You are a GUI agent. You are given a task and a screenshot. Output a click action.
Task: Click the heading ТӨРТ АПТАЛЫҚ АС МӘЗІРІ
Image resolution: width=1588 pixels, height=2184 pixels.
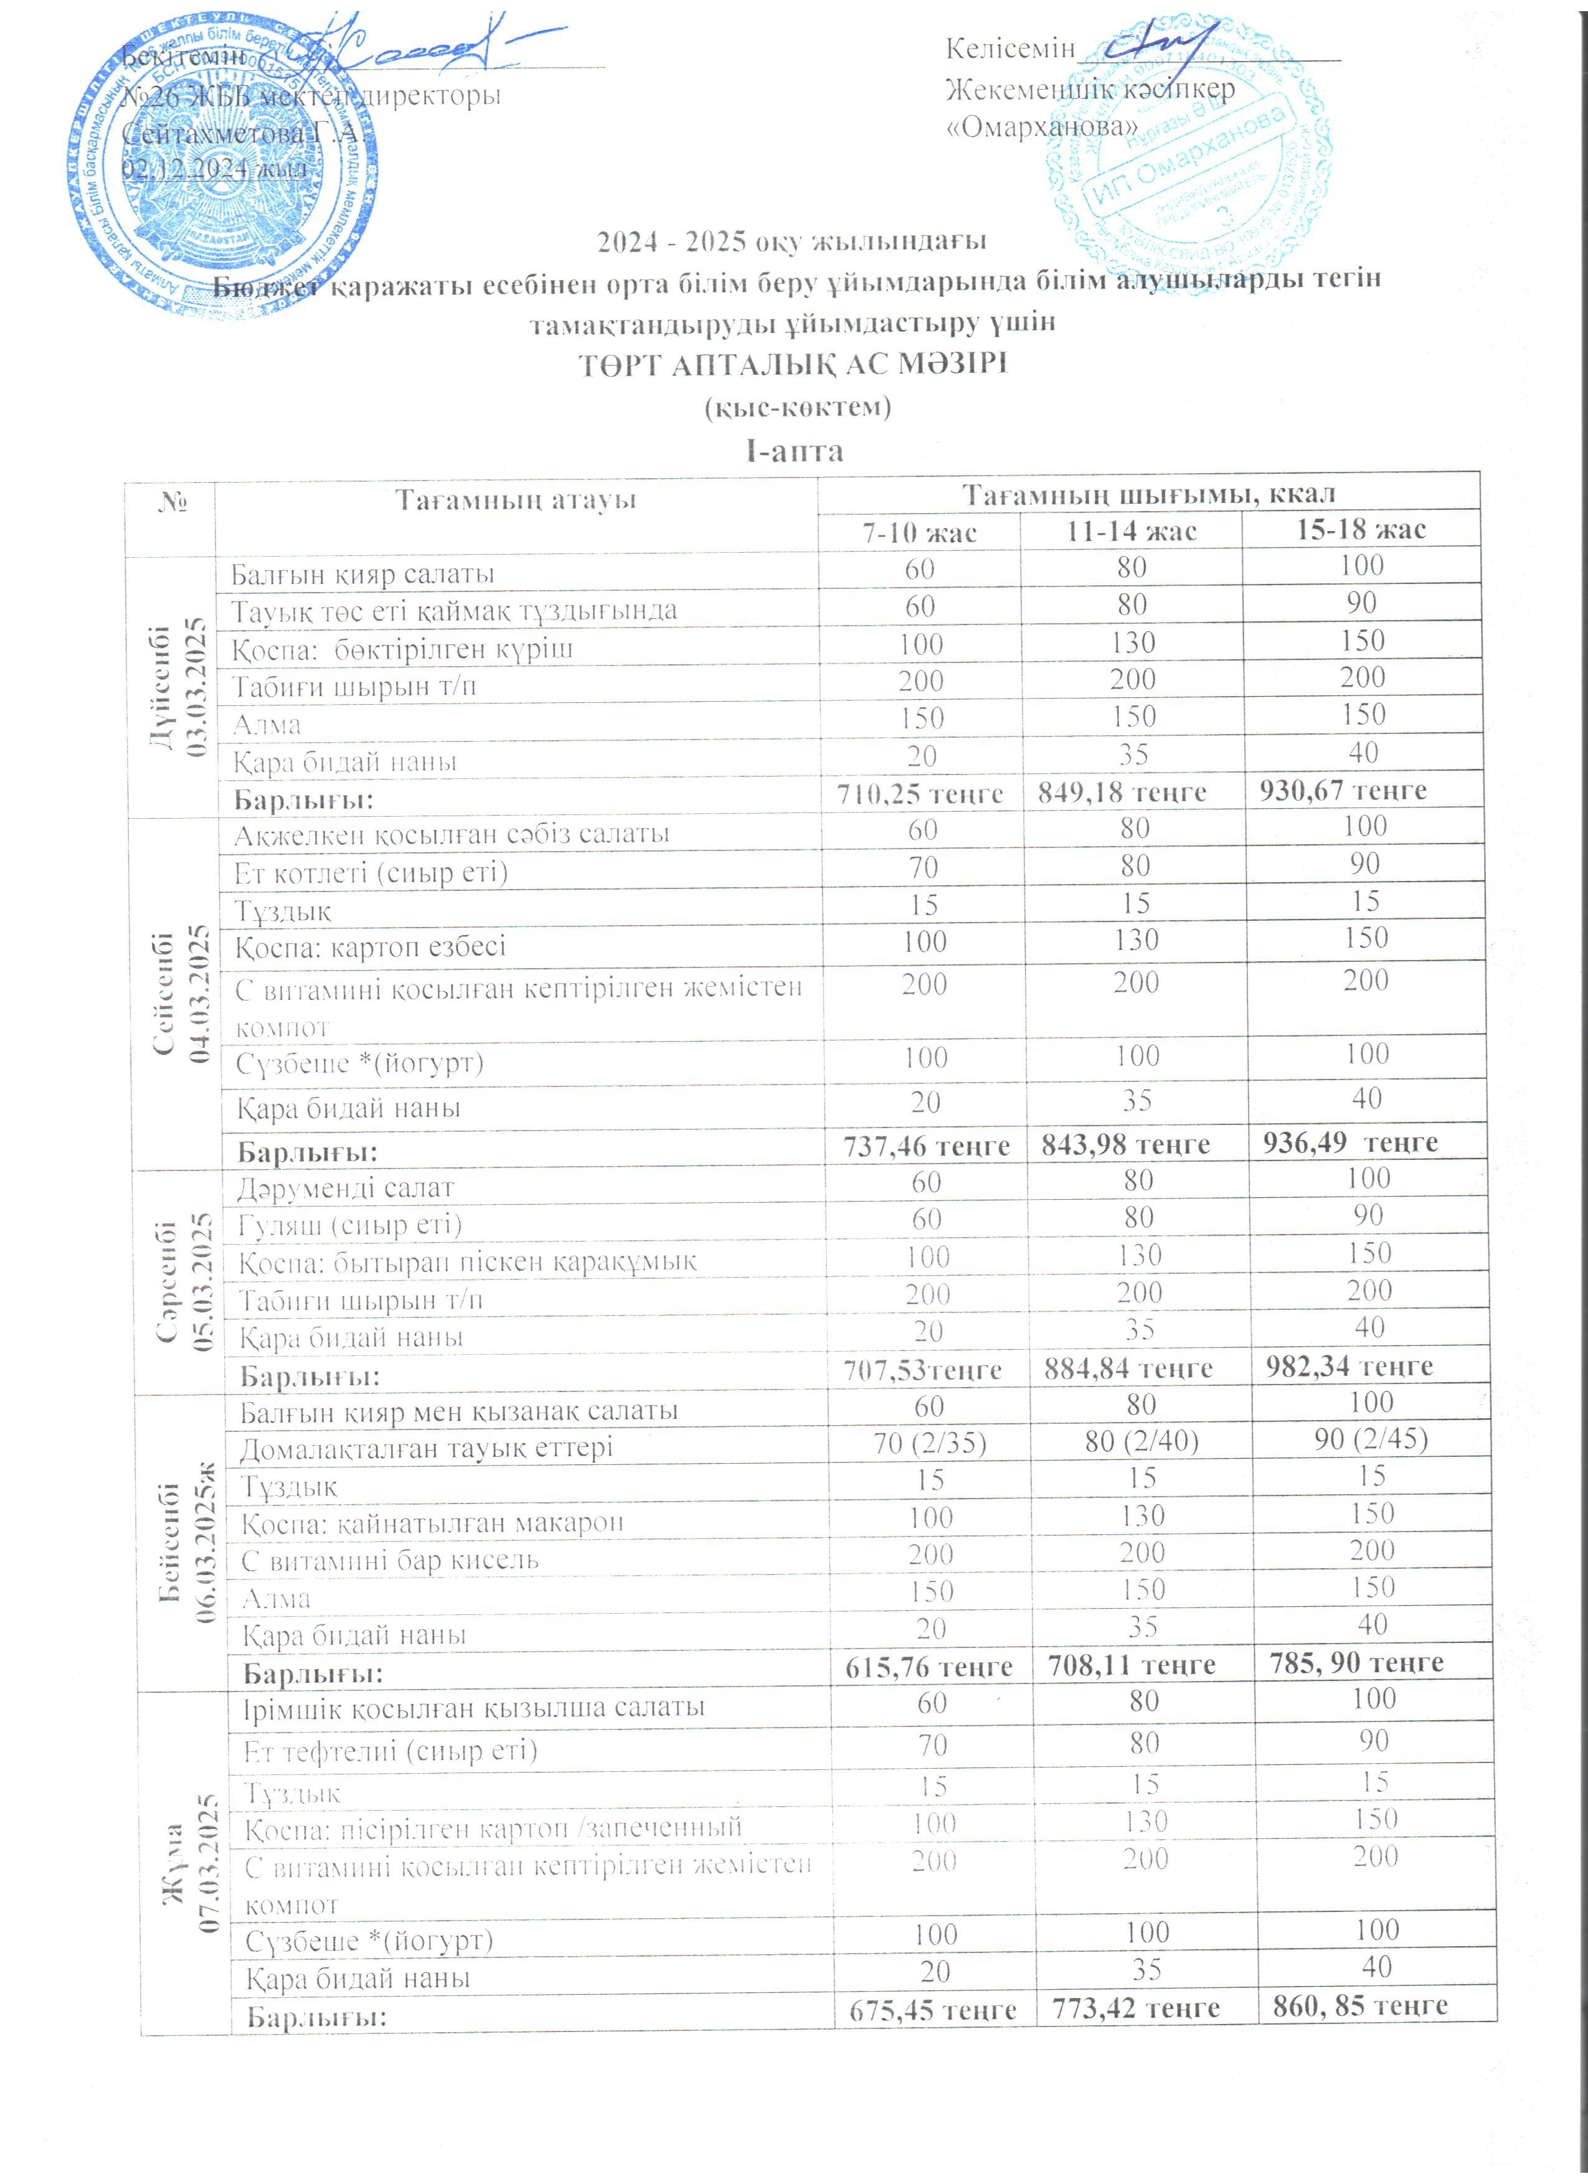click(793, 366)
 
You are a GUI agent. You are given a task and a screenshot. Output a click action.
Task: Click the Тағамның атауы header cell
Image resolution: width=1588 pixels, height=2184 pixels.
click(516, 500)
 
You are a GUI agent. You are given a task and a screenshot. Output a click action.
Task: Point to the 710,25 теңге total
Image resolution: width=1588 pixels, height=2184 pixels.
click(920, 794)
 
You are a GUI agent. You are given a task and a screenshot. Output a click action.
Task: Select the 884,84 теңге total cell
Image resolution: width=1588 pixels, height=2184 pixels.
click(1139, 1367)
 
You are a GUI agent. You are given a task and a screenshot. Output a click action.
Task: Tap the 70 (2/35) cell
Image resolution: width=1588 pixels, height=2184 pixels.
click(927, 1441)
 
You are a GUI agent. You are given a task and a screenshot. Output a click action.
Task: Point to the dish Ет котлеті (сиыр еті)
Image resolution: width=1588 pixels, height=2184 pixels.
click(371, 872)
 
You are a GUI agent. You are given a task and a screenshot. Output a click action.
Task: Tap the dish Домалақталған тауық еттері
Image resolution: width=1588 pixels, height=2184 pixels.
click(427, 1447)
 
